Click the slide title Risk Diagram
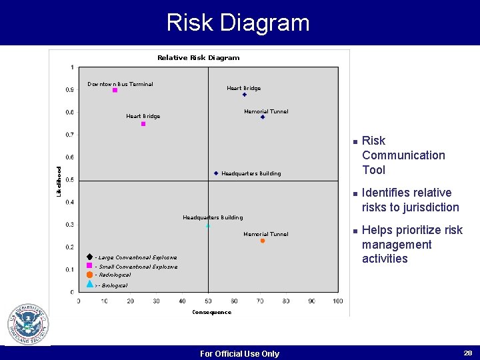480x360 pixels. (x=238, y=23)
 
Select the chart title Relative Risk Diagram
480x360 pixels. (x=198, y=58)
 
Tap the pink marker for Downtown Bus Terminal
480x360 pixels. (x=115, y=90)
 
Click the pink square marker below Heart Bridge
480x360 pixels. (x=143, y=124)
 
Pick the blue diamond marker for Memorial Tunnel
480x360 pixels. (x=263, y=117)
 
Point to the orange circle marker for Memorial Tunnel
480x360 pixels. (x=263, y=241)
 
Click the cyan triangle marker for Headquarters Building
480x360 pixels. (x=208, y=225)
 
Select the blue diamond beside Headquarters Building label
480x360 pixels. (x=216, y=173)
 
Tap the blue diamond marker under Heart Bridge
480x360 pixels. (x=245, y=95)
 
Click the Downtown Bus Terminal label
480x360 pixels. (x=120, y=84)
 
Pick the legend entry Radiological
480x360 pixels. (x=113, y=275)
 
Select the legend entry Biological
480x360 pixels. (x=113, y=285)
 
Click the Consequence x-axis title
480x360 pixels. (x=211, y=312)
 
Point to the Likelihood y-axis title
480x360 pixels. (x=59, y=181)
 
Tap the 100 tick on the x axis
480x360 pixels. (x=337, y=301)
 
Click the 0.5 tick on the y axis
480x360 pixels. (x=70, y=180)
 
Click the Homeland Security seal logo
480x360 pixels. (x=27, y=325)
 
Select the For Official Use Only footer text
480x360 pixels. (x=239, y=354)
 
